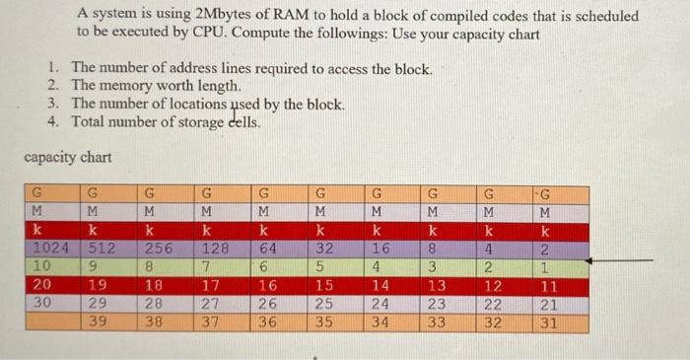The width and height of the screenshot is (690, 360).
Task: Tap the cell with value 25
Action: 323,303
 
